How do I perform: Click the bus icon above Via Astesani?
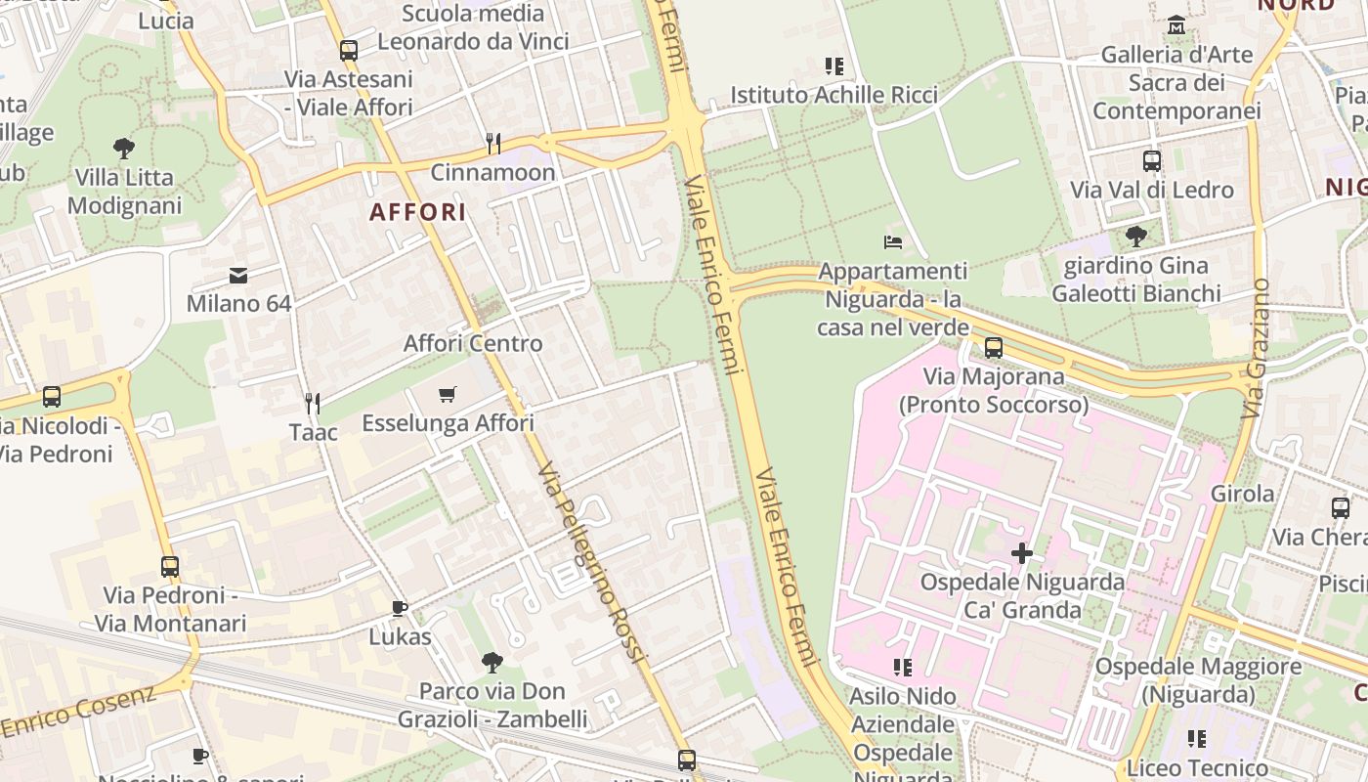[x=349, y=50]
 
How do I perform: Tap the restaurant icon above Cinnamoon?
[x=493, y=144]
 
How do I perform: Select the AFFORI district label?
[x=417, y=211]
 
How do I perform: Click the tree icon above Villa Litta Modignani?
[x=124, y=149]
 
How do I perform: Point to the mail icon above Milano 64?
[x=238, y=276]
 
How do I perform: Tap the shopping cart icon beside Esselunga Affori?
[x=448, y=395]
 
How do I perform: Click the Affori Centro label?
[x=473, y=343]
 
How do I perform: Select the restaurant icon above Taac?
[x=313, y=403]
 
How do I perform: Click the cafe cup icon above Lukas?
[x=400, y=608]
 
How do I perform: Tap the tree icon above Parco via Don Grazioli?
[x=492, y=662]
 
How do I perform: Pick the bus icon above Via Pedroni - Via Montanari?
[x=170, y=566]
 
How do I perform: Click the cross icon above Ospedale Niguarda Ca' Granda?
[x=1022, y=553]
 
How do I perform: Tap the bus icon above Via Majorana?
[x=994, y=347]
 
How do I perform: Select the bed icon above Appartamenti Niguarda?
[x=892, y=241]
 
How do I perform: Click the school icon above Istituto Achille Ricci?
[x=834, y=66]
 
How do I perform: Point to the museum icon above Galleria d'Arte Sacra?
[x=1176, y=24]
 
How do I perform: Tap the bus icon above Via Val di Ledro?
[x=1152, y=161]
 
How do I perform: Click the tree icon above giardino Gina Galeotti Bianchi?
[x=1135, y=236]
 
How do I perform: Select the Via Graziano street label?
[x=1257, y=348]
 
